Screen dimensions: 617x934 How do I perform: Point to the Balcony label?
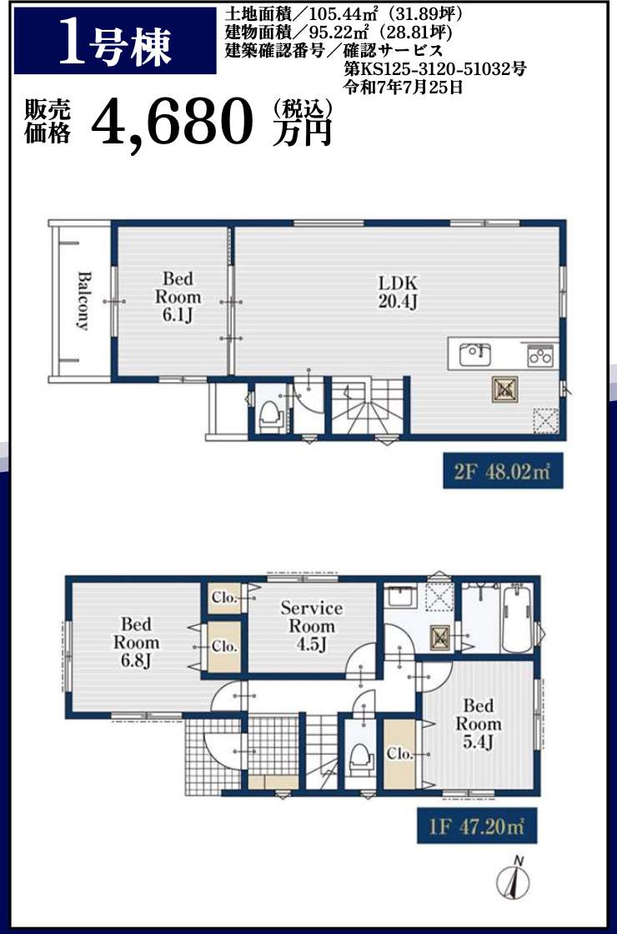pos(84,301)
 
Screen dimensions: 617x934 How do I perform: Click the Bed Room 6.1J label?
pos(178,297)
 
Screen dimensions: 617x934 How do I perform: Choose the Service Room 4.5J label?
pos(312,626)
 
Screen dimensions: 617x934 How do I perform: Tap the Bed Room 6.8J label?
pos(137,643)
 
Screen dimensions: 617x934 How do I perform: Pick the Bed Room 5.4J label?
pos(479,725)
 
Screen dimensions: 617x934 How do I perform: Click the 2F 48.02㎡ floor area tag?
pos(503,471)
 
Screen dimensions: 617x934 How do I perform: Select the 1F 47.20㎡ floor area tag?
pos(476,826)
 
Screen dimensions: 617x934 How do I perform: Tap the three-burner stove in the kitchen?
pos(541,356)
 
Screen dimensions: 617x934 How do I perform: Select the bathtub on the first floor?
pos(516,620)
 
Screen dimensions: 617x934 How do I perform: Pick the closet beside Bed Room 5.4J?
pos(400,754)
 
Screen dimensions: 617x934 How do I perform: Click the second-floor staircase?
pos(368,407)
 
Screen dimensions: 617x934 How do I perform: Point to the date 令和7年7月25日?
pos(404,88)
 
